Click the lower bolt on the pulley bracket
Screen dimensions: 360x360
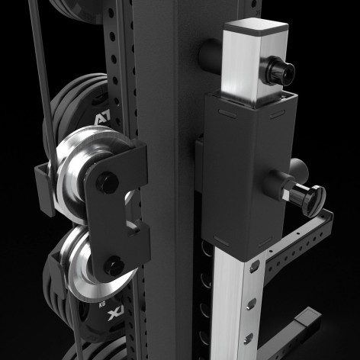[114, 268]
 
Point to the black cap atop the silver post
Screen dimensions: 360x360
[256, 31]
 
